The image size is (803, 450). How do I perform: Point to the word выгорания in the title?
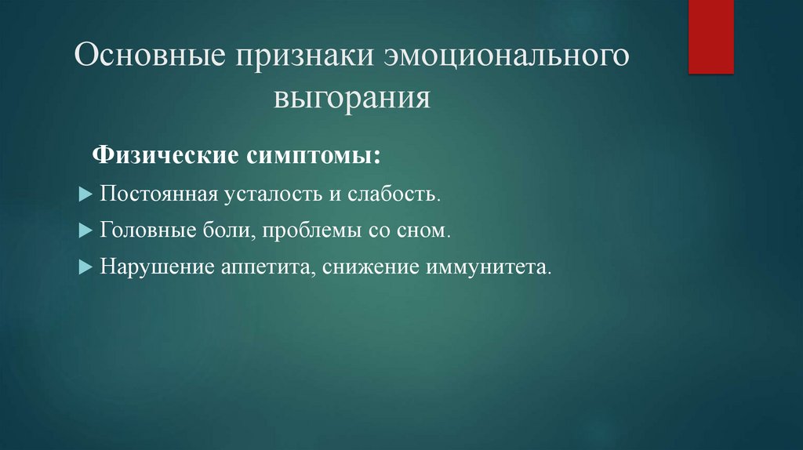[x=352, y=100]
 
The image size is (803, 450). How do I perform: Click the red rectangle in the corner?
[x=710, y=36]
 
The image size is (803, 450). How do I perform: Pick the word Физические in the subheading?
[x=165, y=154]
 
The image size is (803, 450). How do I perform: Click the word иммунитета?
[x=488, y=267]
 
